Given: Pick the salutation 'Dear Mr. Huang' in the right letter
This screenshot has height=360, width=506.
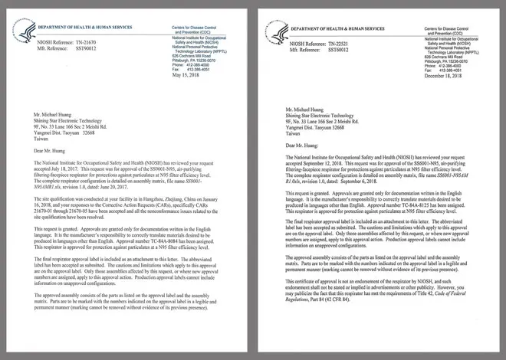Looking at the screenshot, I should [302, 144].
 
